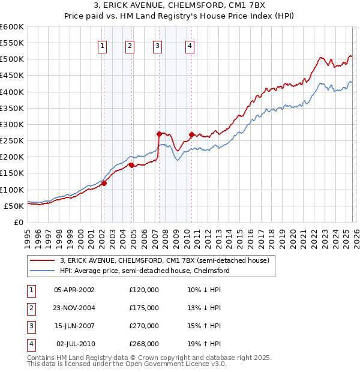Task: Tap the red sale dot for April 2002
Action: tap(104, 184)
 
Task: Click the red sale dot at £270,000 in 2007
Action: tap(159, 134)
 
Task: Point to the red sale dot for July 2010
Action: tap(191, 135)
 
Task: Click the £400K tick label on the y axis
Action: tap(11, 92)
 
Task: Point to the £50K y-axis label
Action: tap(14, 206)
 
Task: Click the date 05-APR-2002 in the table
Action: tap(74, 290)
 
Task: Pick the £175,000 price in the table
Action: tap(144, 308)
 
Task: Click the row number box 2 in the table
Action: tap(31, 308)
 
